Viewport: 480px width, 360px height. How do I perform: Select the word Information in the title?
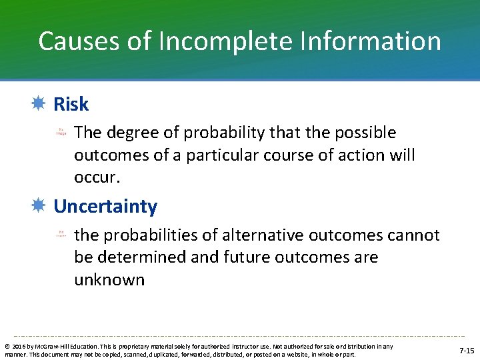click(366, 41)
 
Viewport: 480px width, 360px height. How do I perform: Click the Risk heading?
click(71, 105)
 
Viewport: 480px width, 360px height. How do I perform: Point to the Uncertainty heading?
click(105, 207)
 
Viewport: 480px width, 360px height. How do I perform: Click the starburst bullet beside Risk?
click(39, 104)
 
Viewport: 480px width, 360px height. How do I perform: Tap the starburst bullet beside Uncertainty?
click(39, 206)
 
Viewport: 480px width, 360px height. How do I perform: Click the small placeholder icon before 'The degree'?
click(61, 132)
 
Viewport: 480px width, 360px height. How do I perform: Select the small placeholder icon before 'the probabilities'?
click(61, 235)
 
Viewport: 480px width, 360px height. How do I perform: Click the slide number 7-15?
click(467, 351)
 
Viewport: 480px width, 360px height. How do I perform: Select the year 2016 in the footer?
click(17, 347)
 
